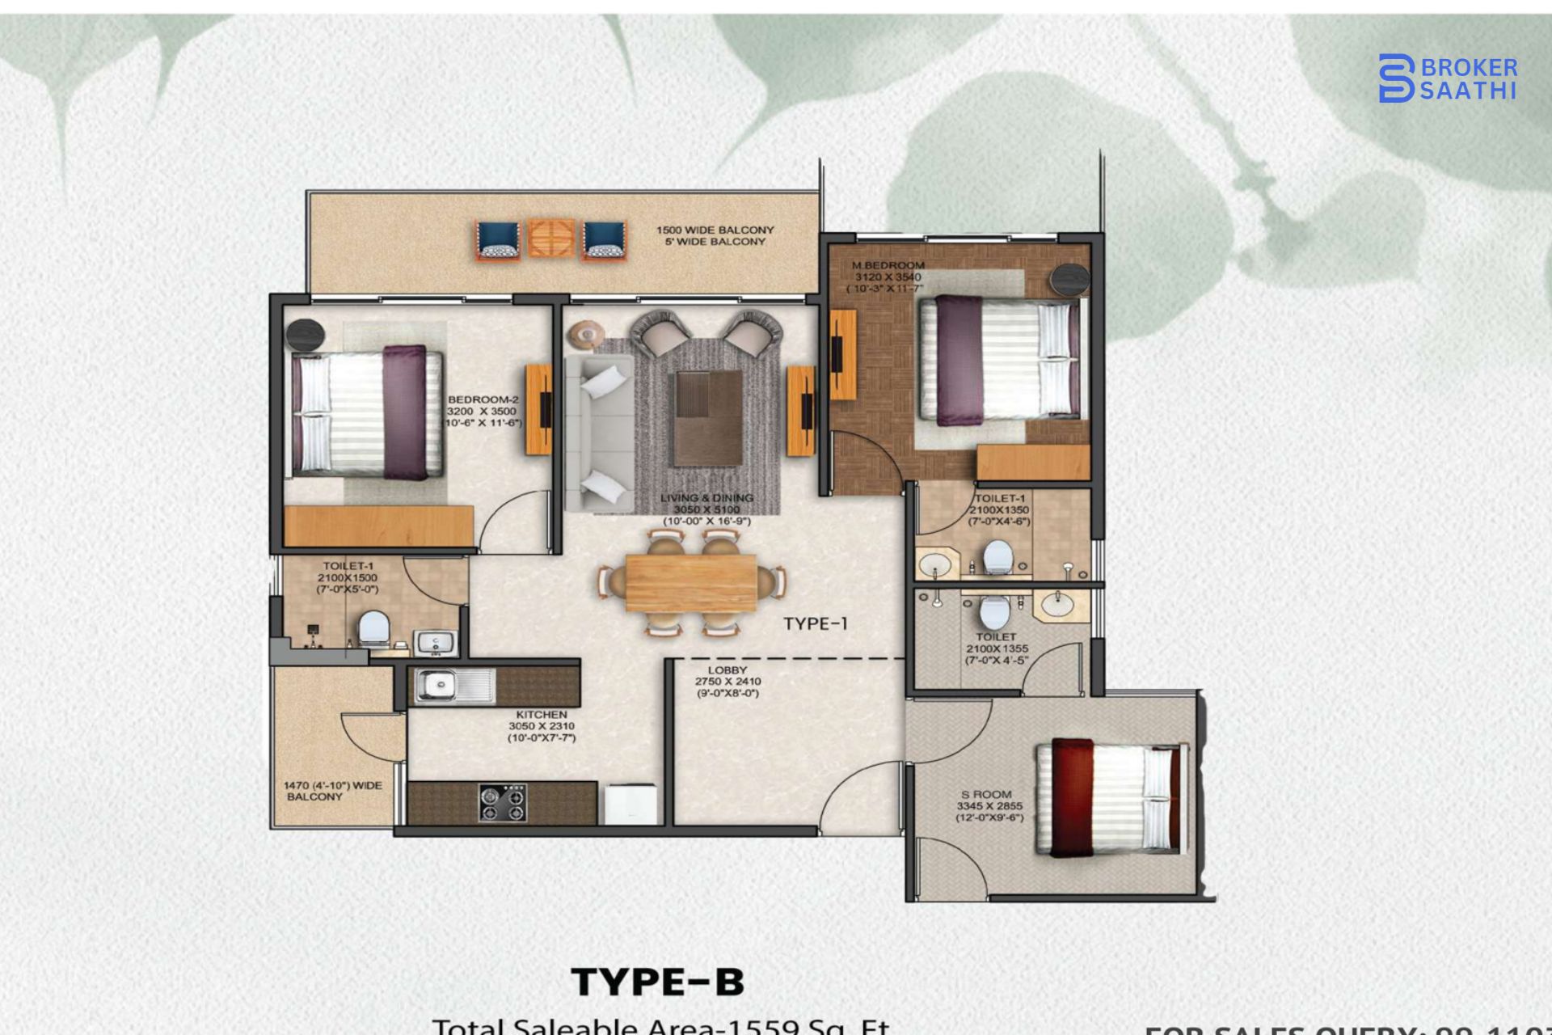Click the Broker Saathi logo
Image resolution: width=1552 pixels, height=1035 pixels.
[x=1447, y=78]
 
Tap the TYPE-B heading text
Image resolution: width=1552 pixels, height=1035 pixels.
[x=657, y=982]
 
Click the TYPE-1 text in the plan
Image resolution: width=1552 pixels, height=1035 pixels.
[x=816, y=623]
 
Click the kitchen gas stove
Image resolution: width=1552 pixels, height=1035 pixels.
[x=502, y=803]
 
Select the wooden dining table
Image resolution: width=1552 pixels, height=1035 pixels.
[x=691, y=582]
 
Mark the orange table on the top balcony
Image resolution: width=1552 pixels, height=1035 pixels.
[x=551, y=239]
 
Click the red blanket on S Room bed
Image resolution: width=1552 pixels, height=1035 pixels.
[x=1072, y=797]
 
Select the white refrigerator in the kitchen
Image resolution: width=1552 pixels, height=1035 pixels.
[x=630, y=805]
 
